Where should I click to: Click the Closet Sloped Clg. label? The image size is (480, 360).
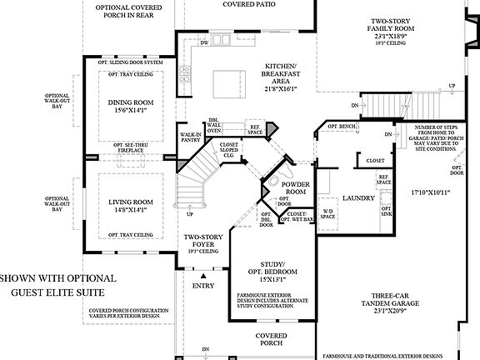(229, 149)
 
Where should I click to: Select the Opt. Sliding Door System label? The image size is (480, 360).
(131, 62)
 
